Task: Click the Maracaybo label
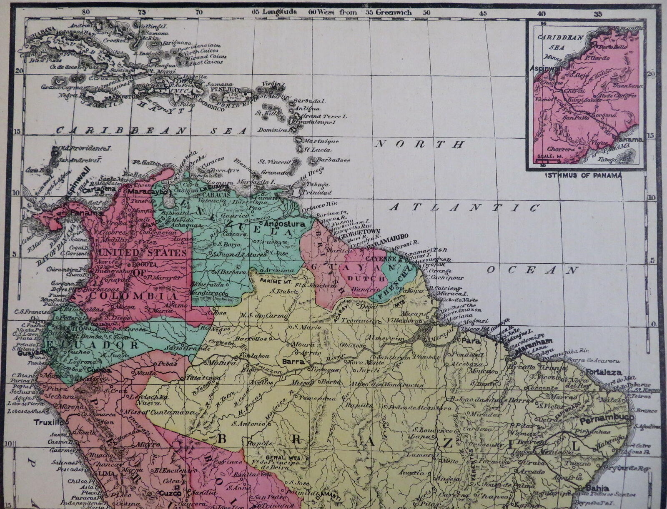click(148, 192)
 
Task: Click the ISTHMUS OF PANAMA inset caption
click(583, 175)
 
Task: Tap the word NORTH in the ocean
click(420, 144)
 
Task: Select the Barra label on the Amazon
click(293, 362)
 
